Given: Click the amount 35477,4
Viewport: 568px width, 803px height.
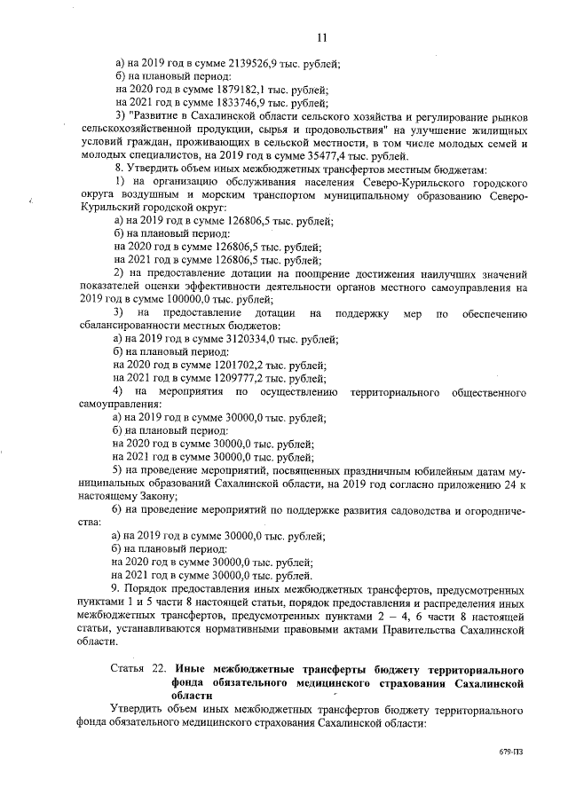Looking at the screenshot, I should (x=336, y=156).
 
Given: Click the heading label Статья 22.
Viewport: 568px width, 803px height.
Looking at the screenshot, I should (x=138, y=670).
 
